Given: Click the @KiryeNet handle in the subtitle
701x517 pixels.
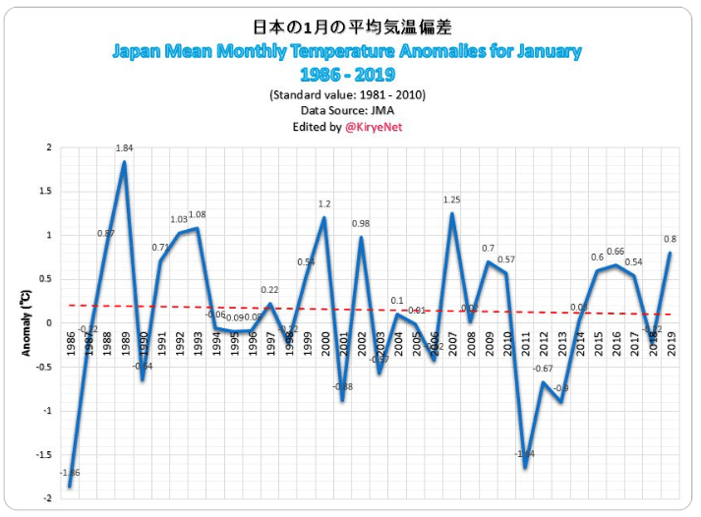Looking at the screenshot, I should click(374, 127).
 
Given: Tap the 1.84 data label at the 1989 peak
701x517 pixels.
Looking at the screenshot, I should click(124, 148).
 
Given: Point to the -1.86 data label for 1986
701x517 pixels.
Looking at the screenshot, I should click(70, 474).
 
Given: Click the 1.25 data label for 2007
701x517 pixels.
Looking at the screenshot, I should click(452, 201).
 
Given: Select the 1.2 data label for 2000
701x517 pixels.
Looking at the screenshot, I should click(324, 204).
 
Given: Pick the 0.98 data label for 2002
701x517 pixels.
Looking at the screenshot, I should click(361, 224).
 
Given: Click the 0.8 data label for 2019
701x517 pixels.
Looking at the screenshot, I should click(670, 239).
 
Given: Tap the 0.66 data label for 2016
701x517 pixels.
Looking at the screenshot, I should click(615, 252).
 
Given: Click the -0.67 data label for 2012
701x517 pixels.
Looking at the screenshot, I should click(544, 369).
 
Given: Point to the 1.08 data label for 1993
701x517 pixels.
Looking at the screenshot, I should click(197, 215).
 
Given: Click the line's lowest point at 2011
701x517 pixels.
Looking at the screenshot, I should click(525, 467).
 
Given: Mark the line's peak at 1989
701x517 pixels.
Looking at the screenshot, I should click(124, 162).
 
